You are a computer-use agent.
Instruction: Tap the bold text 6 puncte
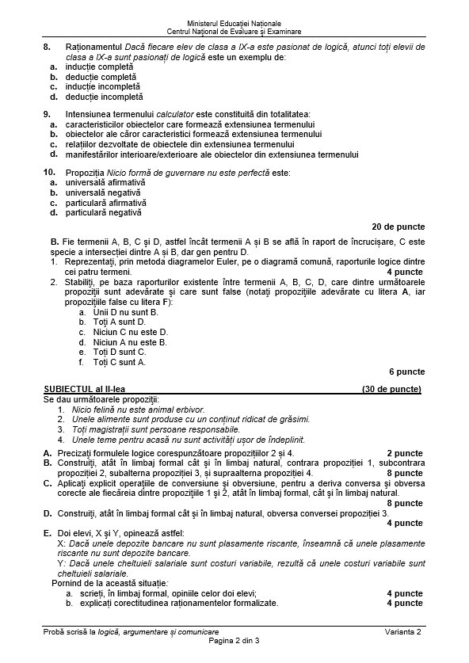406,371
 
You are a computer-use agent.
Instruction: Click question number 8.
48,48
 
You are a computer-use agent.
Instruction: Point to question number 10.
50,172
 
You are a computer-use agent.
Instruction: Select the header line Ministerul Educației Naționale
234,24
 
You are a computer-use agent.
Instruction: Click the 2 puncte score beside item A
406,453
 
